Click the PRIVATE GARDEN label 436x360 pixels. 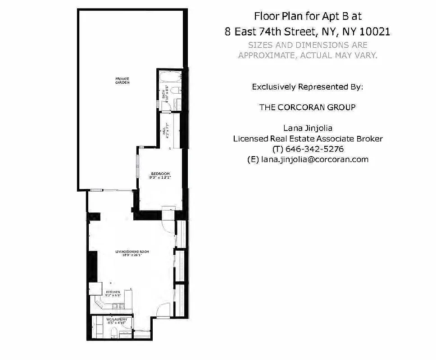point(119,81)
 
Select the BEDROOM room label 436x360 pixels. point(160,173)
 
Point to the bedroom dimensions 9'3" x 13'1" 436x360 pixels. point(160,178)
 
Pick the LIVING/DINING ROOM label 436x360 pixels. point(132,252)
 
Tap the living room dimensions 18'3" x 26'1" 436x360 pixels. point(132,256)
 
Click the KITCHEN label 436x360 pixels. point(113,292)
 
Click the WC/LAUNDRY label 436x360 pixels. point(119,319)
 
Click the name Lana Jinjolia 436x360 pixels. point(308,128)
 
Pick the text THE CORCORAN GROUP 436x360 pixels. point(308,108)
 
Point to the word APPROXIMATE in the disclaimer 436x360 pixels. point(266,55)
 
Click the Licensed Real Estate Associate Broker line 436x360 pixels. point(308,139)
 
